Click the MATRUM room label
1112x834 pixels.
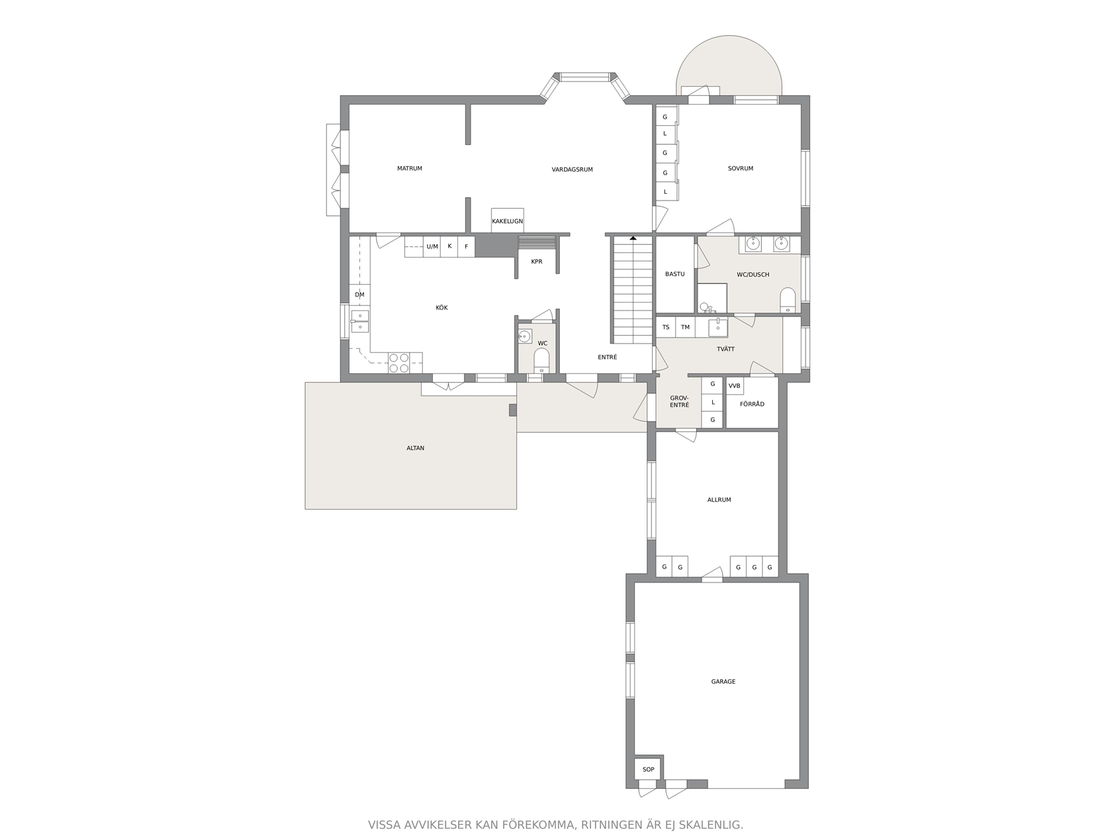(409, 169)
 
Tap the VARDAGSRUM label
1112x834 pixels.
(572, 169)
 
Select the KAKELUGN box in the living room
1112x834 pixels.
(507, 221)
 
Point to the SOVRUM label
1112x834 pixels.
(740, 169)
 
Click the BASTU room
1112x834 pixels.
(674, 275)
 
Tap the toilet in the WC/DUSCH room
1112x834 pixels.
(787, 301)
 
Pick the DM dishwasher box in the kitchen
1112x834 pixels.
(359, 294)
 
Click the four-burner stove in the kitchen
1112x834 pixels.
(398, 363)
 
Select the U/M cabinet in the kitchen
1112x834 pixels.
(432, 247)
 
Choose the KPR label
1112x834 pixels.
(537, 262)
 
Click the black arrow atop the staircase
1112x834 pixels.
(633, 238)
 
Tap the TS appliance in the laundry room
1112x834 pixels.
(666, 327)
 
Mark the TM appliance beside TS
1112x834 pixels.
(685, 327)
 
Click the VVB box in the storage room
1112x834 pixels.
(735, 386)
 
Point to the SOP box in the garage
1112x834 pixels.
(649, 769)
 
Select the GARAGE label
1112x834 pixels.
(723, 682)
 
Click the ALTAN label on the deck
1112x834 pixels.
(416, 448)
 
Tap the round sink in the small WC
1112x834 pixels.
(524, 336)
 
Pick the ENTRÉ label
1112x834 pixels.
(608, 357)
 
